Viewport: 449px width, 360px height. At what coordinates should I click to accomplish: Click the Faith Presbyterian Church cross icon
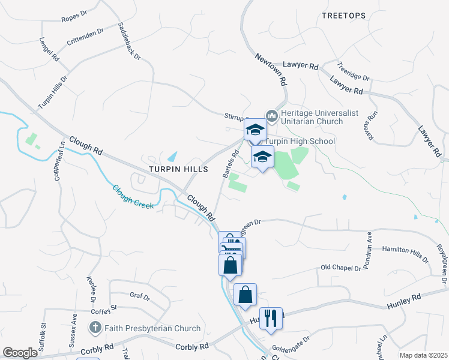[x=95, y=328]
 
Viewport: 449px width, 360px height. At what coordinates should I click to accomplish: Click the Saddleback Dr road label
[x=129, y=41]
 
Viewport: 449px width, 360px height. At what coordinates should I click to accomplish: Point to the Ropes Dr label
[x=75, y=19]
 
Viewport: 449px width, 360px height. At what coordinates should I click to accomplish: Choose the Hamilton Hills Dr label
[x=405, y=254]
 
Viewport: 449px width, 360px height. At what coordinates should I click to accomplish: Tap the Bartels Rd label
[x=231, y=164]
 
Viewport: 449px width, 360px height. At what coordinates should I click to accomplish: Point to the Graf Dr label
[x=139, y=295]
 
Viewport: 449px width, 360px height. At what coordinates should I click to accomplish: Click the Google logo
[x=20, y=353]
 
